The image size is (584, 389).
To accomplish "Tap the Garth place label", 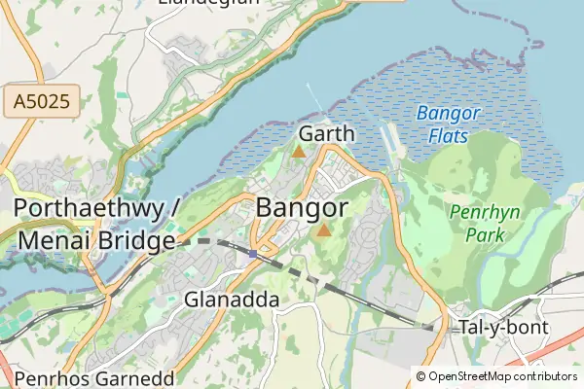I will click(327, 133).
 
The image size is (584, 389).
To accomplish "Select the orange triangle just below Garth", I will click(299, 152).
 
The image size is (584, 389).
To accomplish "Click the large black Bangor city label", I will click(302, 208).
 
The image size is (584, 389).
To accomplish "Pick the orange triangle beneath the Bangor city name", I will click(323, 230).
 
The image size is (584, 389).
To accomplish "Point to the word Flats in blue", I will click(448, 136).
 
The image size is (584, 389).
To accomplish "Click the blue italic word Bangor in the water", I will click(449, 114).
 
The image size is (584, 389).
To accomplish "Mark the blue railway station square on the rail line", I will click(253, 254).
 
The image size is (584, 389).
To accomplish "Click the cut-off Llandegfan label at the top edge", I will click(208, 3).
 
